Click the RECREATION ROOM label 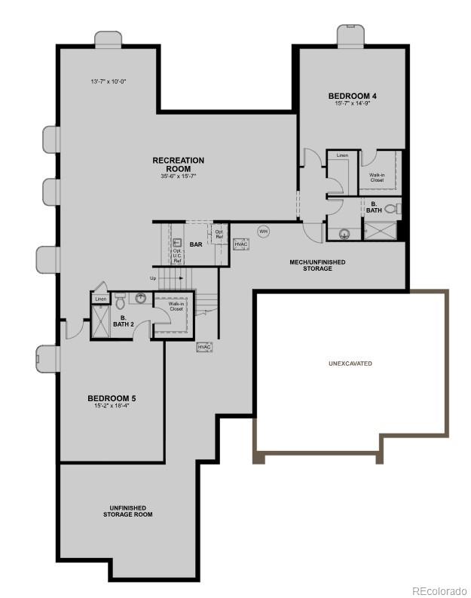tap(178, 164)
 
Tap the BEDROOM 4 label tap(353, 96)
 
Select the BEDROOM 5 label tap(112, 398)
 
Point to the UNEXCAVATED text tap(350, 363)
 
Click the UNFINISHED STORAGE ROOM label tap(127, 511)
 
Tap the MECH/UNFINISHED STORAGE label tap(317, 265)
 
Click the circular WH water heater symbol tap(264, 231)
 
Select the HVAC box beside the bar tap(241, 244)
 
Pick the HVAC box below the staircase tap(205, 347)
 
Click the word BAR tap(196, 244)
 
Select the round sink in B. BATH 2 tap(140, 298)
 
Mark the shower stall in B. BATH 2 tap(100, 322)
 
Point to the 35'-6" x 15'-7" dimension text tap(178, 176)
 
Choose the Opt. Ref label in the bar tap(219, 234)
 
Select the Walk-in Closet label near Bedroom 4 tap(377, 177)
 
